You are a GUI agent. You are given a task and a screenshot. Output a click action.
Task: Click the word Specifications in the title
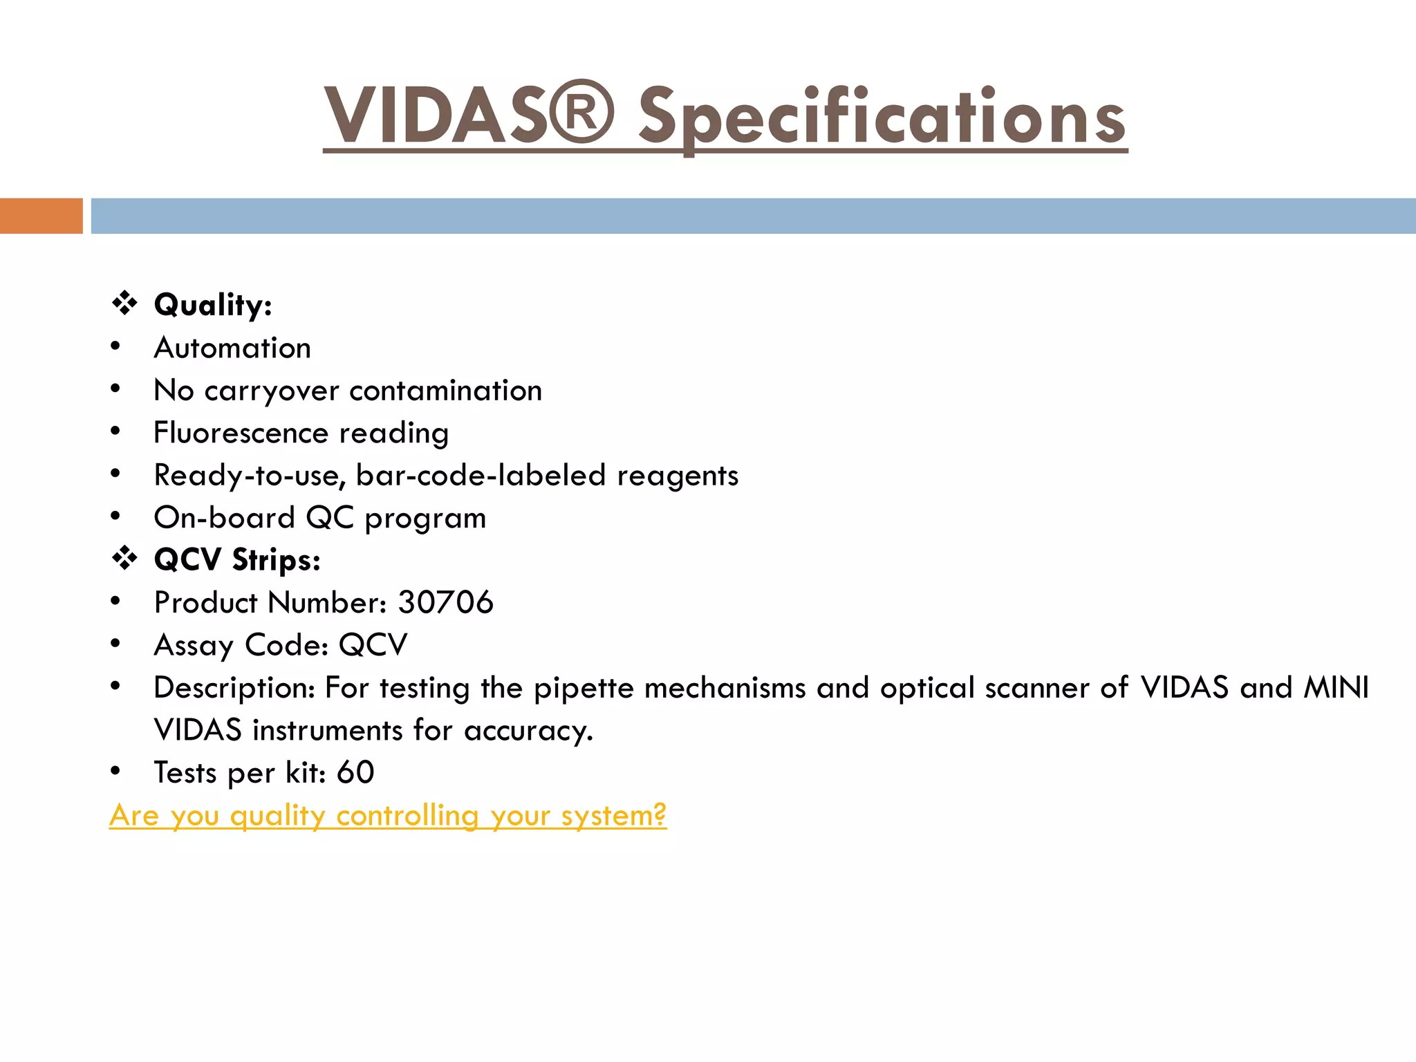click(882, 116)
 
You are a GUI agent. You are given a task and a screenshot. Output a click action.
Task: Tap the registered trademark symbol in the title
click(583, 112)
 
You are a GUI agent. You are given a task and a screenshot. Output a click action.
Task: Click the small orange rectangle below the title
click(41, 216)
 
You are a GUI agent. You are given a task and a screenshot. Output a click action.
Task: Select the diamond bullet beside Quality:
click(124, 304)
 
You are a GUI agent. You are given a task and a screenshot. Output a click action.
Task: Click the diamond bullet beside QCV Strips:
click(124, 558)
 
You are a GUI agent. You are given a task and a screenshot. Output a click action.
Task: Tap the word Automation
click(232, 348)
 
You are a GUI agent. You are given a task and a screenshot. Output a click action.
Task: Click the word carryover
click(272, 391)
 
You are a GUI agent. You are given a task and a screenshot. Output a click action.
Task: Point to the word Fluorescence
click(241, 433)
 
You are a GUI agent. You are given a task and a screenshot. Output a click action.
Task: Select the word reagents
click(678, 476)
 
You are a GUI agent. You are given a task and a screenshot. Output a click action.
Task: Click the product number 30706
click(446, 602)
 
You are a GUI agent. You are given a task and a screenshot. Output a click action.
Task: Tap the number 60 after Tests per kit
click(355, 772)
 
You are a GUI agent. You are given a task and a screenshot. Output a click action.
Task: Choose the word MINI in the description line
click(1336, 687)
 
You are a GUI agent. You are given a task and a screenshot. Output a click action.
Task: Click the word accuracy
click(528, 731)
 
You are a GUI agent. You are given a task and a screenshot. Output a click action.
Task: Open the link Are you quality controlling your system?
click(387, 815)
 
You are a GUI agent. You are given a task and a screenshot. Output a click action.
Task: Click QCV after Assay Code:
click(373, 645)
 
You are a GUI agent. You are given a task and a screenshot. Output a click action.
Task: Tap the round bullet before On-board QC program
click(115, 516)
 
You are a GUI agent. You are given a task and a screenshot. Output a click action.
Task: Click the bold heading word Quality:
click(213, 305)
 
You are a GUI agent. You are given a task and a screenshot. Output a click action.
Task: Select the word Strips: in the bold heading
click(276, 560)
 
